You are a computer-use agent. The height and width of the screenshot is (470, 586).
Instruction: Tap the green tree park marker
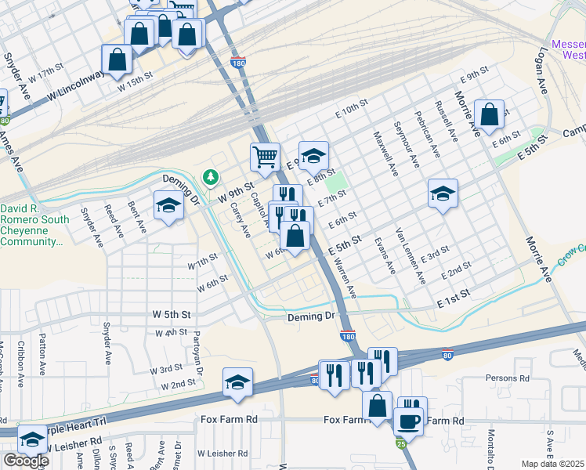(x=210, y=179)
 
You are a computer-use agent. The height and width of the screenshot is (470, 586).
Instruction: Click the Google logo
(x=26, y=461)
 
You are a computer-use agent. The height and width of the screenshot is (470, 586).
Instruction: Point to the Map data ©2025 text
(x=553, y=464)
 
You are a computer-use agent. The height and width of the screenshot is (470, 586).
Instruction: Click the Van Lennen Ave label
(x=411, y=255)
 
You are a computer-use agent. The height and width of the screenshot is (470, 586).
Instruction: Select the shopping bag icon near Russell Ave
(x=489, y=114)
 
